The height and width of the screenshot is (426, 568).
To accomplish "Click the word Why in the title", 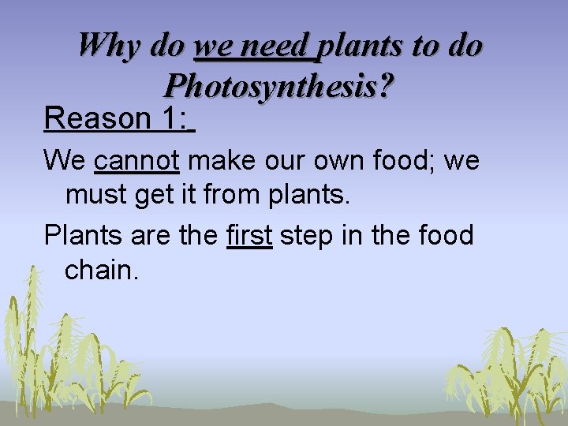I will point(108,45).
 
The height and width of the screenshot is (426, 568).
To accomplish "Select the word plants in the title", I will point(357,45).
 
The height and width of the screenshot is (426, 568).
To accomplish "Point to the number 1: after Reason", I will point(174,118).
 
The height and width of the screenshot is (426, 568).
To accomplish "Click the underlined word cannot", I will point(136,162).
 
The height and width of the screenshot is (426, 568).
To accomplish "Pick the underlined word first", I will point(249,235).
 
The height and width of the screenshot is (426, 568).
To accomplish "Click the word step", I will point(308,235).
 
